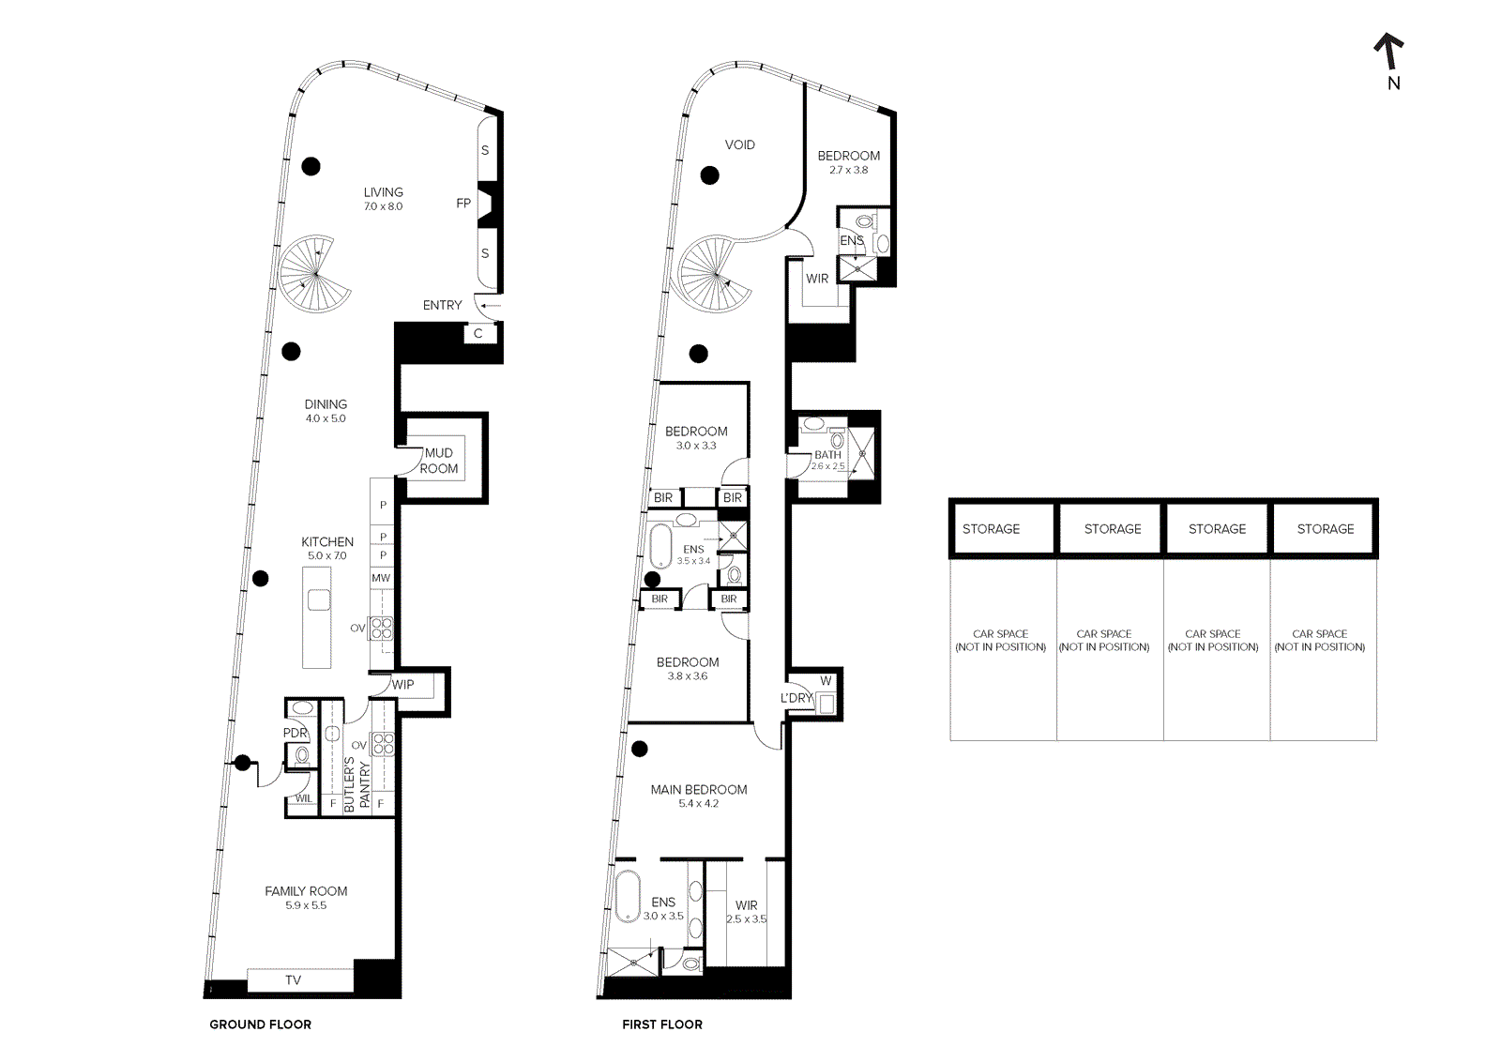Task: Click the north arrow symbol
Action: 1389,53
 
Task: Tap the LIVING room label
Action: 383,192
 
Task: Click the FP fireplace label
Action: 462,204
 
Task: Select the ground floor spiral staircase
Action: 315,273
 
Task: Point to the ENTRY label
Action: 442,306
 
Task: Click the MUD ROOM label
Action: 439,461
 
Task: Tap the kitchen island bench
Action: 317,615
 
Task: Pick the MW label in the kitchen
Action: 381,579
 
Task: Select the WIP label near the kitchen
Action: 403,685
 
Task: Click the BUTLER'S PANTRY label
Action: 356,783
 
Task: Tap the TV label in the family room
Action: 293,980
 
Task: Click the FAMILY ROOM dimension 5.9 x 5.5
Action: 306,906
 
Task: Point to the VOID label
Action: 739,145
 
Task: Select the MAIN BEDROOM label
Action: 699,790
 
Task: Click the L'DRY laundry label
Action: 796,698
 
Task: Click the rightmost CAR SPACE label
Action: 1320,641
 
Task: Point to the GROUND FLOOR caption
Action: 260,1024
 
